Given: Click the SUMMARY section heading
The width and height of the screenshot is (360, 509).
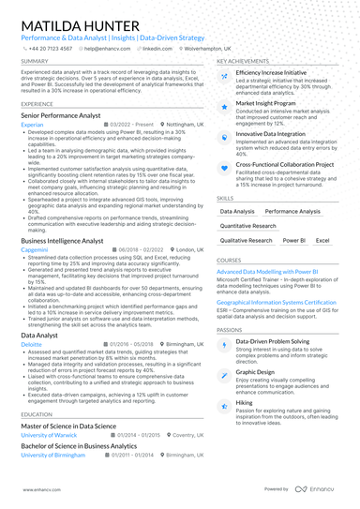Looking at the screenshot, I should click(35, 61).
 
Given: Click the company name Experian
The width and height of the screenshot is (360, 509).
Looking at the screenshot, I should click(32, 124).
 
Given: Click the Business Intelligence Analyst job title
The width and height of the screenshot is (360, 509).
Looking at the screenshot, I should click(62, 241).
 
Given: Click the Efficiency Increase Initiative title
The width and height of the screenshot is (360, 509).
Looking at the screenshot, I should click(271, 72).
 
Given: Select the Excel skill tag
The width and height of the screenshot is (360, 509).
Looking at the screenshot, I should click(322, 240).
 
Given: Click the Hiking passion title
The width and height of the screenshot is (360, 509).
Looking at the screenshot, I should click(244, 401).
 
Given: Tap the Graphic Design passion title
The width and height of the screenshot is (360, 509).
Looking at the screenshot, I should click(256, 371).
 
